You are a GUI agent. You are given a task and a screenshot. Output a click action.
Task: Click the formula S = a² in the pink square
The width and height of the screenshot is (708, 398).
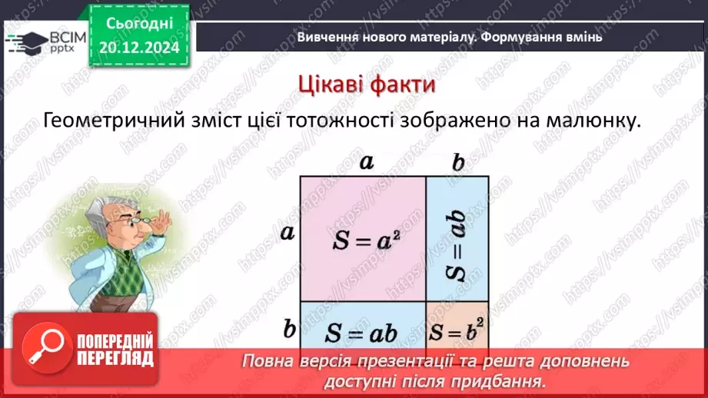[364, 240]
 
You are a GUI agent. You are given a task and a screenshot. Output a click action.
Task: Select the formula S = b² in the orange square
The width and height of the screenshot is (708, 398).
[458, 332]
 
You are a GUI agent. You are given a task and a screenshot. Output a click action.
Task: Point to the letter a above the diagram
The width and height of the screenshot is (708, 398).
[367, 161]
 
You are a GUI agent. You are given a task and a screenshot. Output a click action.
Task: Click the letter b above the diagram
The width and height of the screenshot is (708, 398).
[459, 163]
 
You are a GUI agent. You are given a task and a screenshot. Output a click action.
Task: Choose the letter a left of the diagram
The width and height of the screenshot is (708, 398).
[288, 232]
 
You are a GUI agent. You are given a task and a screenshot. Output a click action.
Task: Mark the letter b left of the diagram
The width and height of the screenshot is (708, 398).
[289, 329]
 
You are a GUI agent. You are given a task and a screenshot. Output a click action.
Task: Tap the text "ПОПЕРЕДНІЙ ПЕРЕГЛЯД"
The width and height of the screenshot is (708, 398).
[115, 350]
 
